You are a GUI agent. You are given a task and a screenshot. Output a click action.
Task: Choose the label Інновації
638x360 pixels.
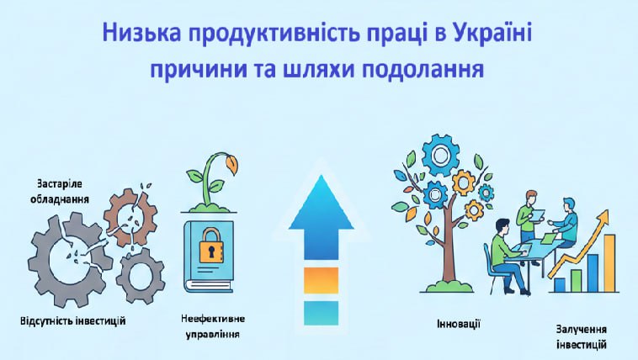point(459,324)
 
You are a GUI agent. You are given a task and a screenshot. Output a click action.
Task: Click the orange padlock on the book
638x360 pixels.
point(210,247)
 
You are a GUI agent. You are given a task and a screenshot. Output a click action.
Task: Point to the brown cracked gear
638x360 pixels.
point(130,220)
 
